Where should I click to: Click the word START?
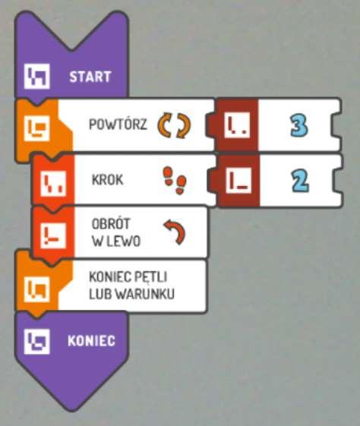[x=90, y=77]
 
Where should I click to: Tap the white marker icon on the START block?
[x=37, y=77]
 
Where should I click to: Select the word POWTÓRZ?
[x=118, y=125]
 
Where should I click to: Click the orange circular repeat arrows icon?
[x=174, y=125]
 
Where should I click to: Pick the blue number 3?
[x=299, y=125]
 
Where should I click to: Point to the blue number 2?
[x=300, y=181]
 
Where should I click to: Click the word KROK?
[x=108, y=180]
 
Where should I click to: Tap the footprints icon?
[x=175, y=181]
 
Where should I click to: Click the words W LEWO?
[x=116, y=241]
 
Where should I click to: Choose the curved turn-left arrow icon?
[x=175, y=232]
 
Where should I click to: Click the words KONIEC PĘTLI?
[x=128, y=277]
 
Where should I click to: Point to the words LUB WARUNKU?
[x=131, y=294]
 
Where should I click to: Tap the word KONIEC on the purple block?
[x=91, y=341]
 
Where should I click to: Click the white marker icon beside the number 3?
[x=237, y=125]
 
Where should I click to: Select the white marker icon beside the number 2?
[x=238, y=181]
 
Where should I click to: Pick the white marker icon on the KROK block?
[x=53, y=184]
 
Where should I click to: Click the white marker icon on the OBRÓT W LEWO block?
[x=53, y=235]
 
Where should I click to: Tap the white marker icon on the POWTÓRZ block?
[x=37, y=128]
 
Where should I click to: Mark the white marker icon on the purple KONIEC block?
[x=37, y=342]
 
